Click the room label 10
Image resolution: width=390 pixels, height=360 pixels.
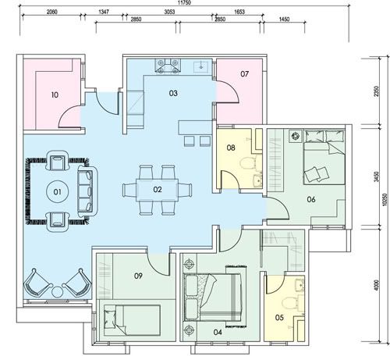coord(55,95)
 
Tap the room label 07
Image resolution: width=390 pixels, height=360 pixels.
coord(244,74)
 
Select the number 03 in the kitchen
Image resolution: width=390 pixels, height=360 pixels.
coord(173,93)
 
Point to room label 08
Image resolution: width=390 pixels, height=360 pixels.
coord(231,148)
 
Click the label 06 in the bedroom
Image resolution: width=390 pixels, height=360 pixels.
coord(311,200)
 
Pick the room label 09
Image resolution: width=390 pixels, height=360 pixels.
coord(138,276)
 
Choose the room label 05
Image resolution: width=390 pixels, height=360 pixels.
coord(279,318)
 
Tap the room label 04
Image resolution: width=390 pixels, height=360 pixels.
coord(218,332)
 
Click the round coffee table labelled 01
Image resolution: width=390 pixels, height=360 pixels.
coord(57,192)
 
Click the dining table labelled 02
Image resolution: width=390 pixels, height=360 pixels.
coord(157,190)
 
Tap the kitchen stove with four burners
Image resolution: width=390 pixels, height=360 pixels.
coord(168,66)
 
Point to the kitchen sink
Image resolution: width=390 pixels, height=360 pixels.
coord(200,67)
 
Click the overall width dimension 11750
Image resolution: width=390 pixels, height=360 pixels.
coord(184,2)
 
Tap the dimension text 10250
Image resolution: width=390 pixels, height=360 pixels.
coord(385,200)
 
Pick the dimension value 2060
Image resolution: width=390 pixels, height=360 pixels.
coord(51,12)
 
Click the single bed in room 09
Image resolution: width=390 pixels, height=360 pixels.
coord(132,320)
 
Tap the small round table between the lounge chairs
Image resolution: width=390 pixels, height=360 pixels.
coord(57,292)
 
